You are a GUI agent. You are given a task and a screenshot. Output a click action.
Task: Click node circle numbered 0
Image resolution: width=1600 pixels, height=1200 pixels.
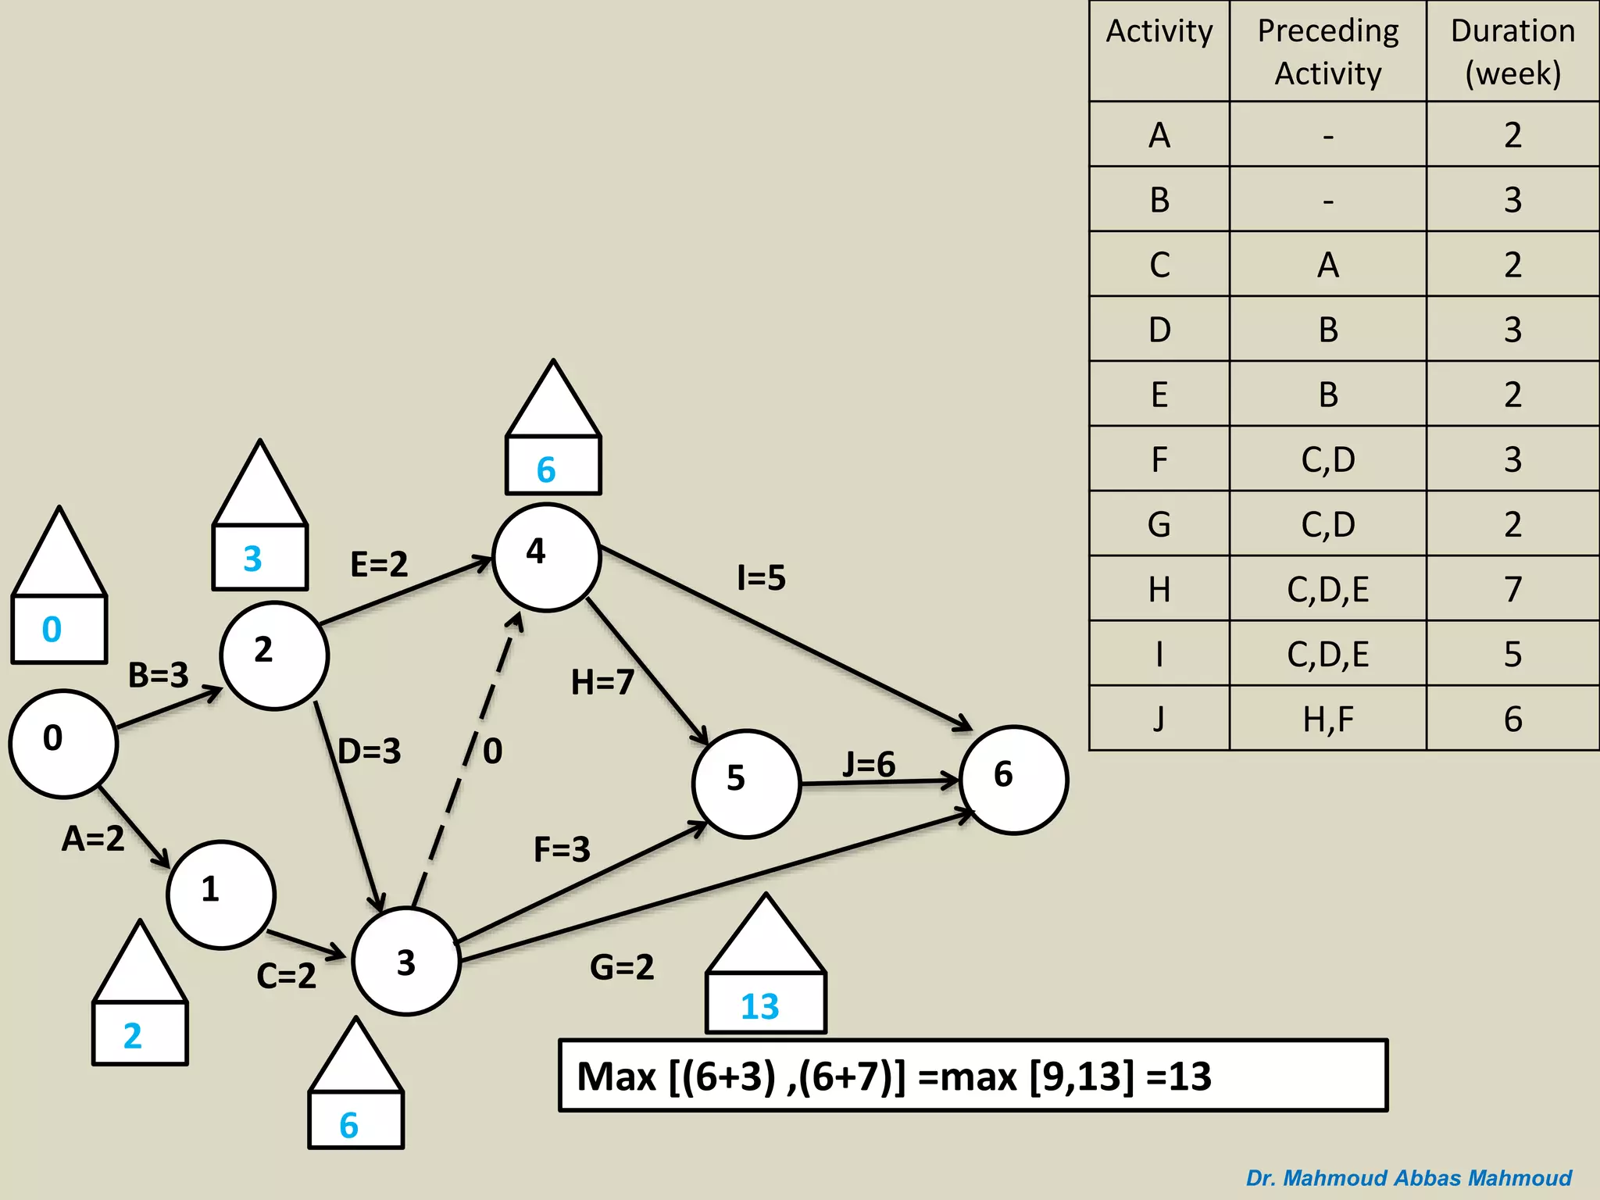click(63, 743)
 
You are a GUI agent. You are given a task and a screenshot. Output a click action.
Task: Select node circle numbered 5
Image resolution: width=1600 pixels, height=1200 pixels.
click(746, 784)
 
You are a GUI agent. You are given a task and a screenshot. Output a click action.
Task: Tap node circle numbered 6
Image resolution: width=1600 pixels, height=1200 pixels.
click(1013, 780)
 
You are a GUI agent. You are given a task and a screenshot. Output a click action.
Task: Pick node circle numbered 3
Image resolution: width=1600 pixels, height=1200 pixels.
click(406, 961)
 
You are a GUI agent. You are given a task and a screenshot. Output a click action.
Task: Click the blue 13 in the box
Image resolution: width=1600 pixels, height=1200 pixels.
click(760, 1005)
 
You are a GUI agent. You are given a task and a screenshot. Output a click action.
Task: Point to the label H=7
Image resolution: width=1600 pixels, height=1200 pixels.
click(602, 682)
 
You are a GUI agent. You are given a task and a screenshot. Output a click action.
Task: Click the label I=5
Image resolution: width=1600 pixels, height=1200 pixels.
click(761, 578)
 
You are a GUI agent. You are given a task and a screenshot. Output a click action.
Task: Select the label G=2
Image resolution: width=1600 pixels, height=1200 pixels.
click(622, 967)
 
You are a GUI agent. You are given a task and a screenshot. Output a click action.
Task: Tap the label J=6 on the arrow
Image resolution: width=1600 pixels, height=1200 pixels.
click(869, 764)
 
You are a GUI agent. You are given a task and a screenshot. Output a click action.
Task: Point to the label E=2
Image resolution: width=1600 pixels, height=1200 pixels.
click(379, 564)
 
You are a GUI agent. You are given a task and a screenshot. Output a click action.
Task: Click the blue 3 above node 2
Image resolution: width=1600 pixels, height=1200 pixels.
click(252, 559)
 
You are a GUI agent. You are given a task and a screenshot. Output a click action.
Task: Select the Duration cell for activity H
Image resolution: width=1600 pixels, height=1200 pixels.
click(1512, 589)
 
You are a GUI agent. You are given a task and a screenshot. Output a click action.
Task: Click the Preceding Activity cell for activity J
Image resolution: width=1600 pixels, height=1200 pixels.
click(1327, 719)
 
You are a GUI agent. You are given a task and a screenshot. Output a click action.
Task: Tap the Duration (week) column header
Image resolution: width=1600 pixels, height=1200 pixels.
click(1512, 52)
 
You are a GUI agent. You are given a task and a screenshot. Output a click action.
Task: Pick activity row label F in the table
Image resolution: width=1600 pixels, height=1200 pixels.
click(1159, 459)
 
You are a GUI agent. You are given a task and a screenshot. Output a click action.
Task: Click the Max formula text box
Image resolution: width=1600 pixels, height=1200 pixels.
click(973, 1076)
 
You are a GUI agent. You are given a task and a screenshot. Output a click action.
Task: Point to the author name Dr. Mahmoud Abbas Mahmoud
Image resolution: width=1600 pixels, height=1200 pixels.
click(1408, 1177)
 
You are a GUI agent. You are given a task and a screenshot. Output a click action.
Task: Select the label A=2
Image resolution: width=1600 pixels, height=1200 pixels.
click(93, 838)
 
